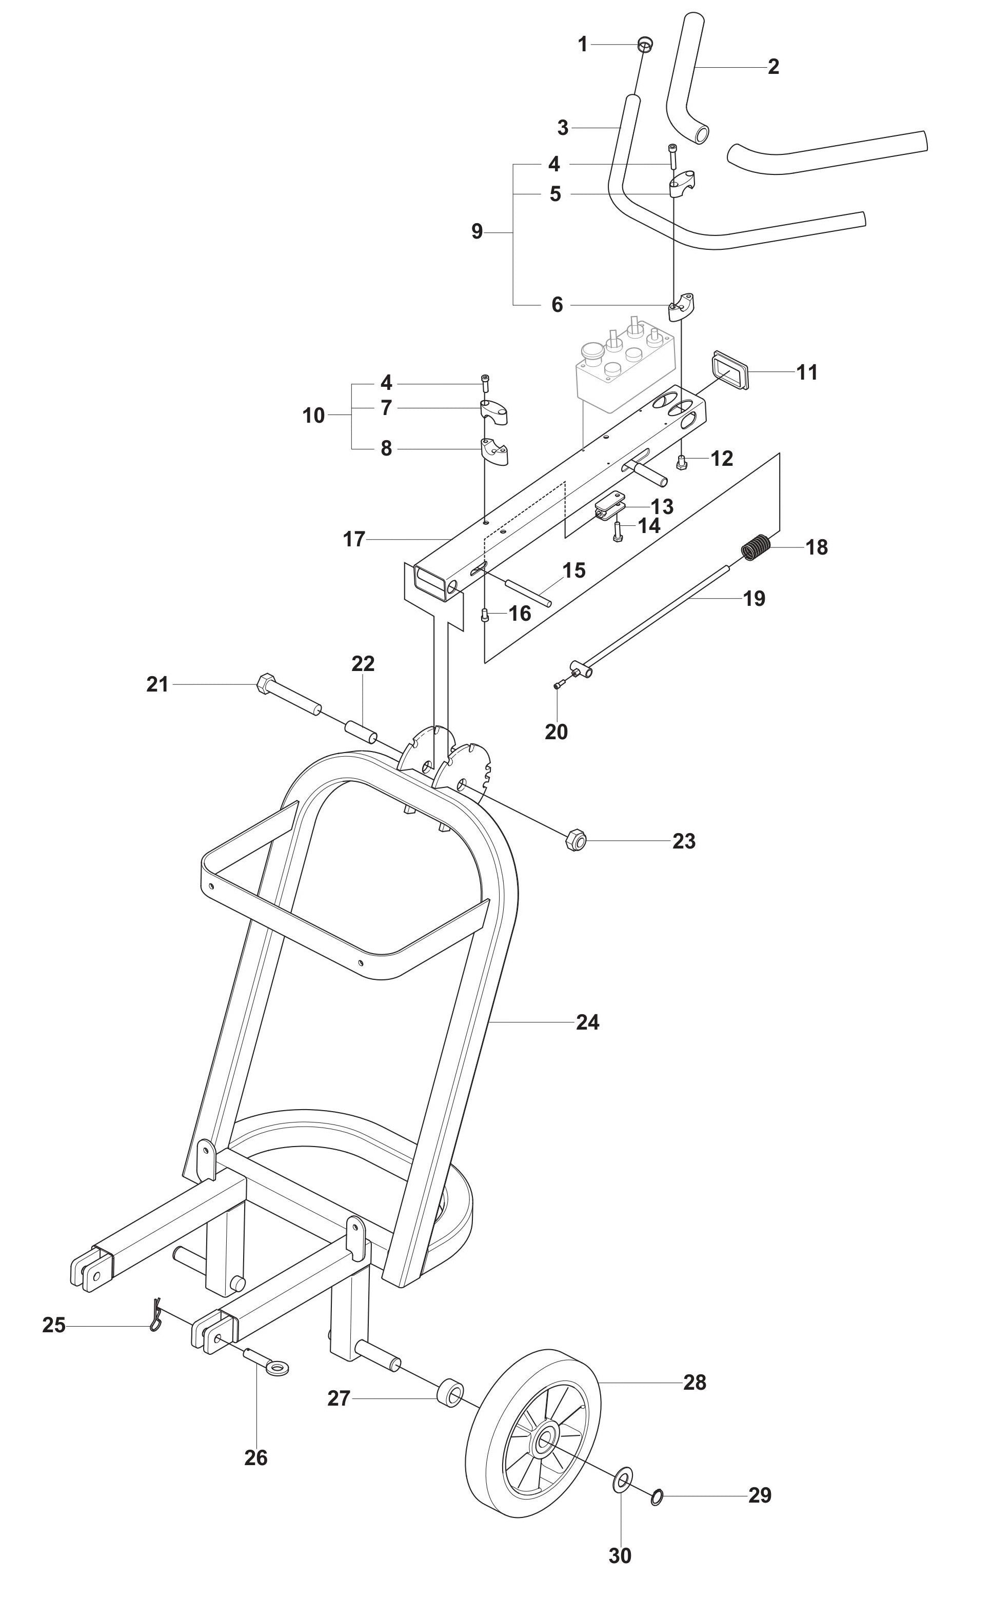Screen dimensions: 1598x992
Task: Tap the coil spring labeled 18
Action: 757,547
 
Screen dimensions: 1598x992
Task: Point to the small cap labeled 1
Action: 645,45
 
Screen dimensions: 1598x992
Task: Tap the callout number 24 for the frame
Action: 587,1022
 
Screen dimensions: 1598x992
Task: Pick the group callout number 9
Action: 477,231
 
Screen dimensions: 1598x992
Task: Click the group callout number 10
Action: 313,415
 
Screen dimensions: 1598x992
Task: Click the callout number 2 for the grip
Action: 773,66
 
